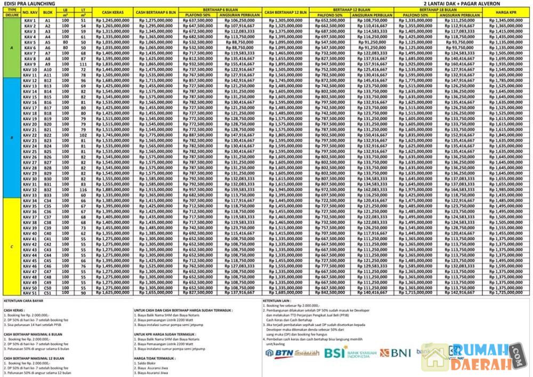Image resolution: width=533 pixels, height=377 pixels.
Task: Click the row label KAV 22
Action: (x=30, y=135)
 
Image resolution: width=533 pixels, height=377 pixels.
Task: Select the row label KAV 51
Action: (x=30, y=292)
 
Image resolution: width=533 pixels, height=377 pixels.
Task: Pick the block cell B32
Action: (x=47, y=190)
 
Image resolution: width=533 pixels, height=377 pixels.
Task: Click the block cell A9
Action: (x=47, y=64)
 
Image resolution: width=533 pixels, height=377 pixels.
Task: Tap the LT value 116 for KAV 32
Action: (x=83, y=190)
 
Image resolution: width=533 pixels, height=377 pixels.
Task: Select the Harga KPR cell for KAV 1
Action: (x=507, y=20)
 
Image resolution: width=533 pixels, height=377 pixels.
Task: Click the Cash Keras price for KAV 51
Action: (x=114, y=292)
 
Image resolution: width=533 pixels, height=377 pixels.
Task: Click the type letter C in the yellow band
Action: (x=12, y=246)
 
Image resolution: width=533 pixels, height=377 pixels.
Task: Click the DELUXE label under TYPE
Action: (x=12, y=15)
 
